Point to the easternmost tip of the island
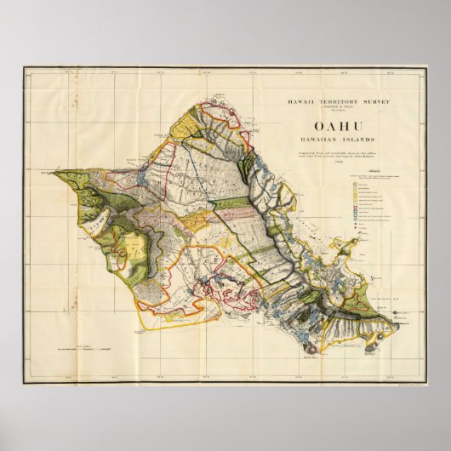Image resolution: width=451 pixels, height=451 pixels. click(399, 323)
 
